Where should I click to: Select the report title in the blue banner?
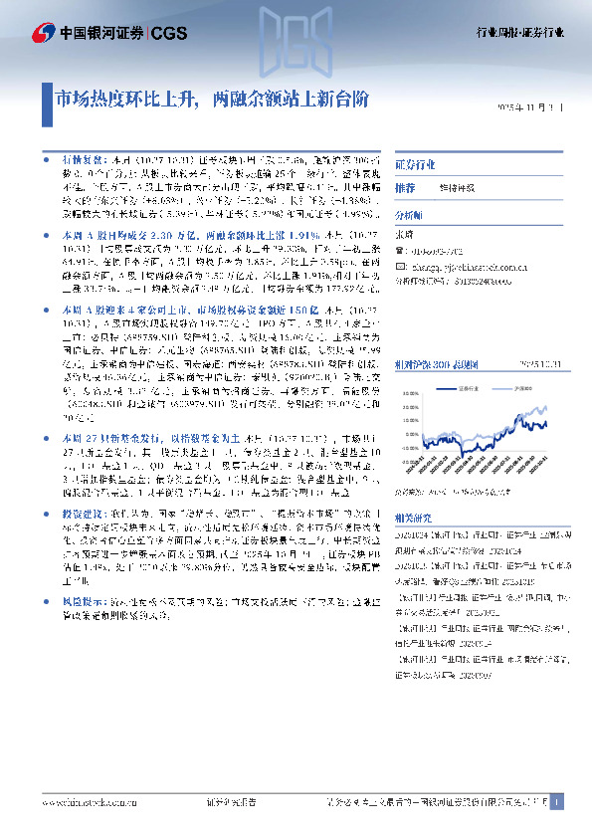(213, 100)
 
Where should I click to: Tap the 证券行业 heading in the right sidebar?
(415, 163)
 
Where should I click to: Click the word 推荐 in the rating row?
(405, 188)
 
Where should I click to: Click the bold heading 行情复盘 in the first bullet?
(82, 159)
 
